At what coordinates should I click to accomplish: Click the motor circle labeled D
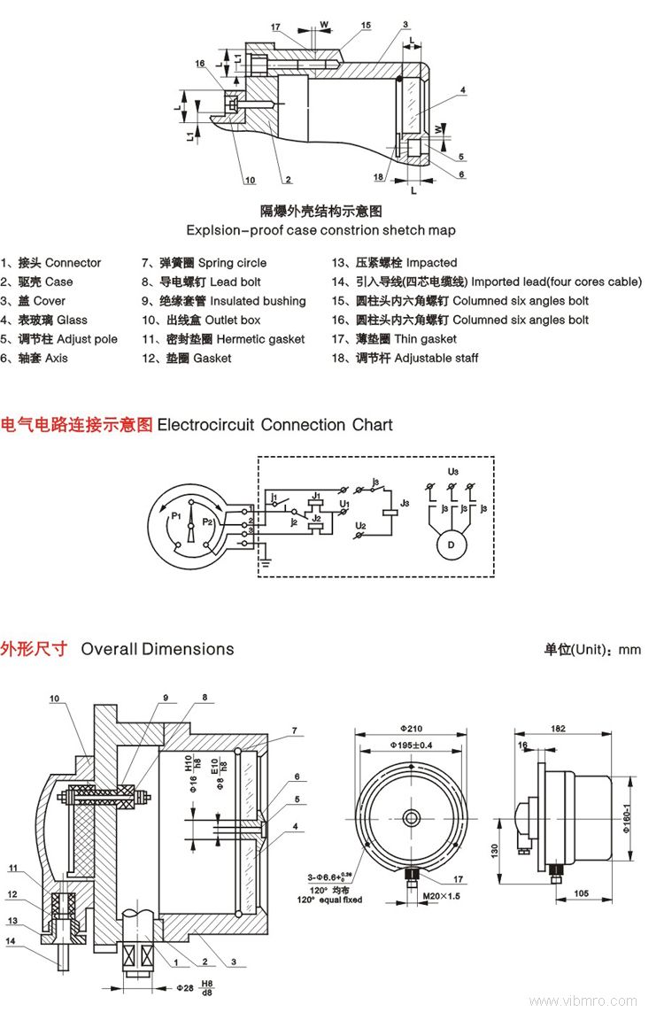(x=450, y=544)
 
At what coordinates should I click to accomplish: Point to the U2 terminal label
(x=360, y=526)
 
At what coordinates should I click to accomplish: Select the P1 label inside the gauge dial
(x=176, y=514)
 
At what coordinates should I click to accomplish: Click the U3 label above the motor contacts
(x=452, y=470)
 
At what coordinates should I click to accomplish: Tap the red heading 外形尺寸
(x=34, y=648)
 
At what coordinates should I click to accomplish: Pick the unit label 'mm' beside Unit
(x=629, y=649)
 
